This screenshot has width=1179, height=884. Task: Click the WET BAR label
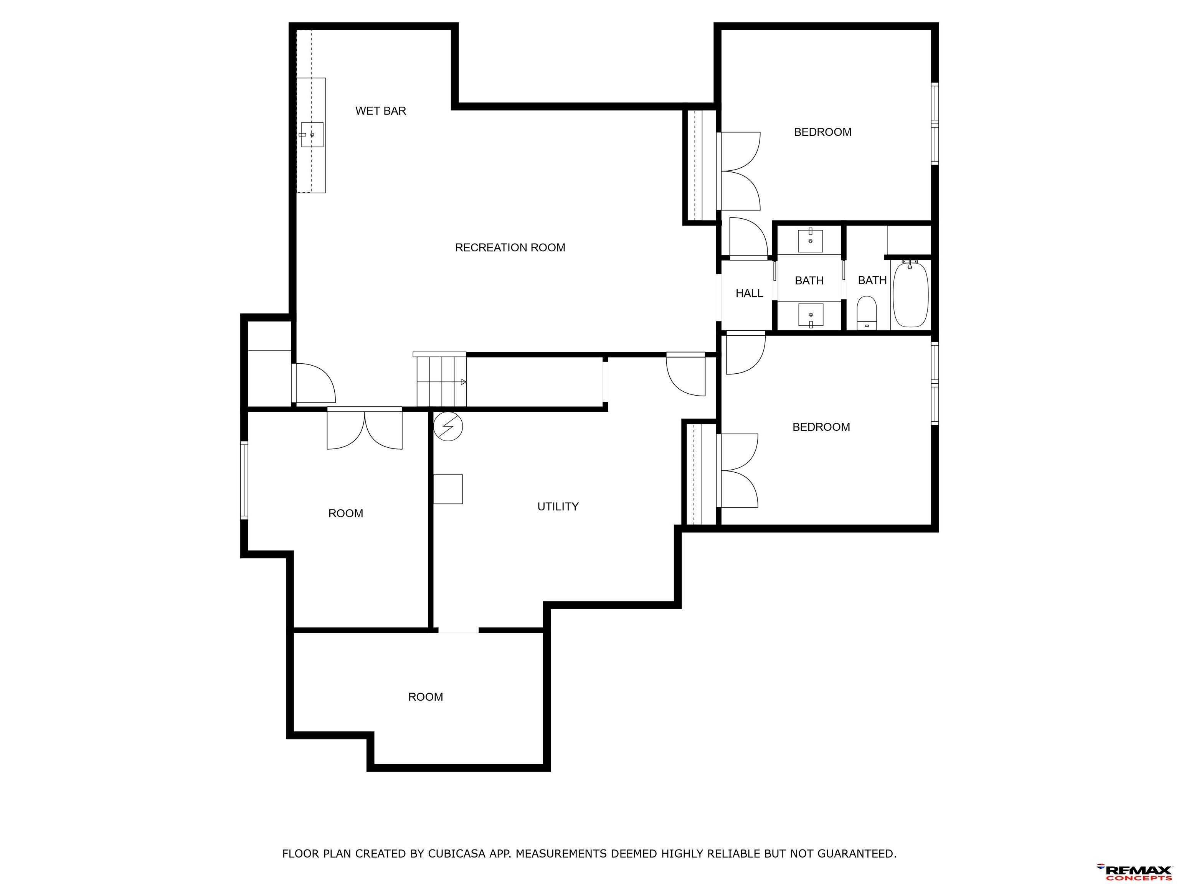pos(381,111)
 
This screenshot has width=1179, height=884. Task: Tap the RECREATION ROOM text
pos(510,247)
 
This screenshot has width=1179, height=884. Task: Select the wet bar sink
pos(312,135)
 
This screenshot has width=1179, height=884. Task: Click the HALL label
pos(750,293)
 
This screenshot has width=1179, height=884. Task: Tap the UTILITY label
pos(558,506)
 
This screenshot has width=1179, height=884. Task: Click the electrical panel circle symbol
pos(448,426)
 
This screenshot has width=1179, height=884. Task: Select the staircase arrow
pos(442,381)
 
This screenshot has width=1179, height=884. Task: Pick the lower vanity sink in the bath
pos(810,315)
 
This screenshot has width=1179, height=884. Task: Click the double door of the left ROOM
pos(365,429)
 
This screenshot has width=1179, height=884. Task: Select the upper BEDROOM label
pos(822,132)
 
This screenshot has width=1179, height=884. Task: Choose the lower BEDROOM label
pos(821,427)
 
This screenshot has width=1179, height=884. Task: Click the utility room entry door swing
pos(686,375)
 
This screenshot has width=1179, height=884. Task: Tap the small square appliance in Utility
pos(448,489)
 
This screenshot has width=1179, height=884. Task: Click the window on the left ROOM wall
pos(244,480)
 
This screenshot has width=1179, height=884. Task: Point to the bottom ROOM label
pos(425,697)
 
